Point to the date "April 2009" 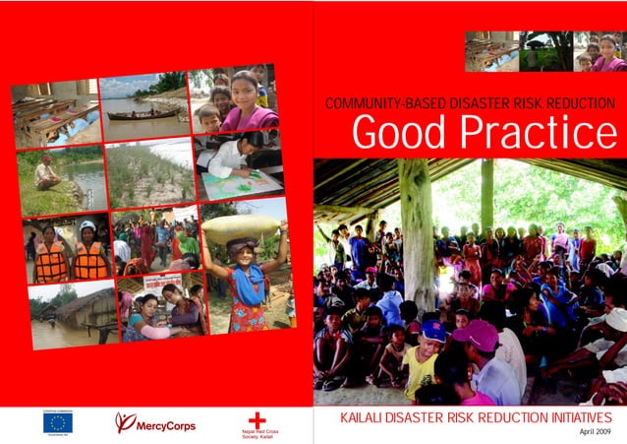595,432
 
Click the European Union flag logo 57,422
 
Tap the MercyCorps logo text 166,425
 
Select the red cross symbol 256,420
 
